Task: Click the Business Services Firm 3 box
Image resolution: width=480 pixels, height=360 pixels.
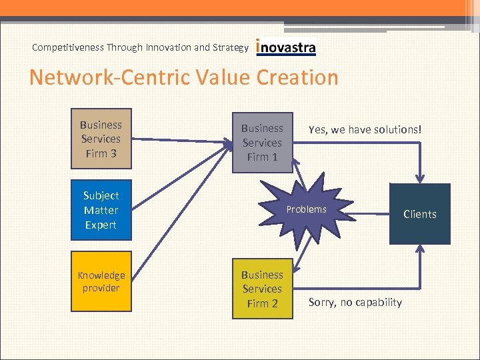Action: [101, 139]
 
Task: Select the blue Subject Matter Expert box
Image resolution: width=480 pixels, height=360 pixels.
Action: [101, 209]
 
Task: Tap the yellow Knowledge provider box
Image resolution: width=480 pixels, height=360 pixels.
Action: [101, 281]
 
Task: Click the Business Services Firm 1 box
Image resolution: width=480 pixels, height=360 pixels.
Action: [262, 142]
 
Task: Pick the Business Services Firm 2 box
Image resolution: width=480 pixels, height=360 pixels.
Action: [262, 289]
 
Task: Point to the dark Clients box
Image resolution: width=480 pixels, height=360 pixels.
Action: [420, 214]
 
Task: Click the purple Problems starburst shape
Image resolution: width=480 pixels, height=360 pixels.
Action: [307, 209]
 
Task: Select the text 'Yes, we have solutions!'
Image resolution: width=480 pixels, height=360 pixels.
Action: [365, 129]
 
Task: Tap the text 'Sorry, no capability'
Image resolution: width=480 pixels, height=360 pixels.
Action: [355, 303]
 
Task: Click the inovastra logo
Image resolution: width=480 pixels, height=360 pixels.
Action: [286, 47]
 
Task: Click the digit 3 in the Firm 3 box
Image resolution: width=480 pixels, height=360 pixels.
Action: [113, 153]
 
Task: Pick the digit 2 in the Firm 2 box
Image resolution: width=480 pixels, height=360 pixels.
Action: [274, 303]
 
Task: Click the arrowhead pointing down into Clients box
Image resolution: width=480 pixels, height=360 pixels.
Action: [420, 179]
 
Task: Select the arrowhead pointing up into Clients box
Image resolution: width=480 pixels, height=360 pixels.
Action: [420, 249]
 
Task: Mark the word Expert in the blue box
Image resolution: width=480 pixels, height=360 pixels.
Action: [101, 225]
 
